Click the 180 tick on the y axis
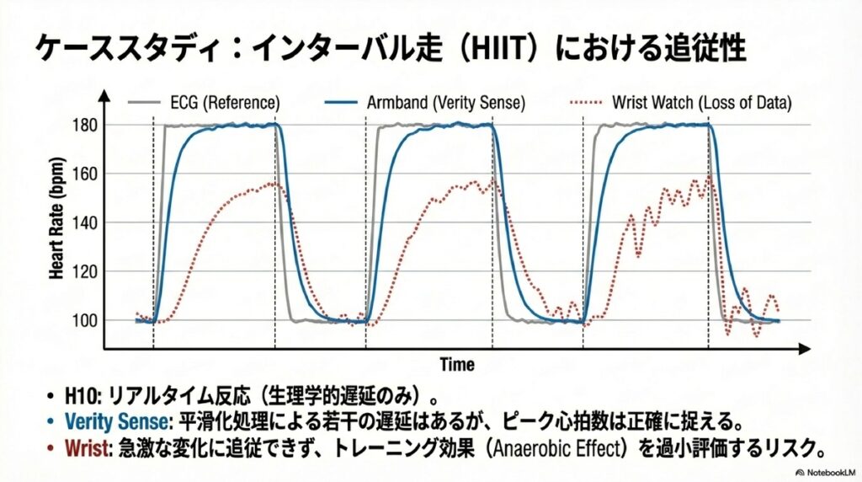(87, 126)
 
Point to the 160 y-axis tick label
(87, 174)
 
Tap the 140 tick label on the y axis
(87, 223)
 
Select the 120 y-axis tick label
(87, 272)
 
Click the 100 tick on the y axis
(87, 321)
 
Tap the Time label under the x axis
(456, 365)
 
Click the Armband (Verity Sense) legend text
(446, 103)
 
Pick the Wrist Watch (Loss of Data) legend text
(700, 103)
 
